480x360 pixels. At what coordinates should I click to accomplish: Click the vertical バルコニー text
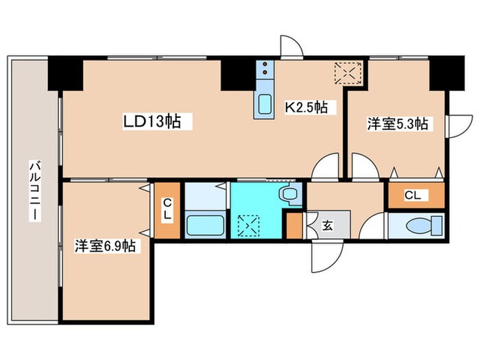33,191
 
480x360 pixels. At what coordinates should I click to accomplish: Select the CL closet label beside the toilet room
411,195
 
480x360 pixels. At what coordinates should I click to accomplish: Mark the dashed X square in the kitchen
347,72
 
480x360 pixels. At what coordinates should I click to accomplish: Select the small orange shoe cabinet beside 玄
294,226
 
